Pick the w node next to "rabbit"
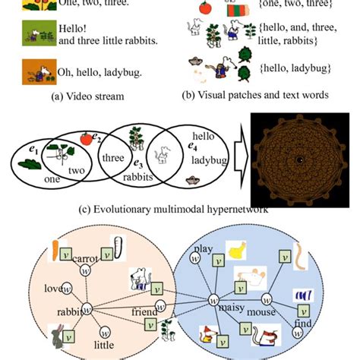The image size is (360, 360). click(x=87, y=309)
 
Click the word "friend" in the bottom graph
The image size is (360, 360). click(x=145, y=311)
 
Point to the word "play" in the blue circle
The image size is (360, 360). click(x=204, y=248)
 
